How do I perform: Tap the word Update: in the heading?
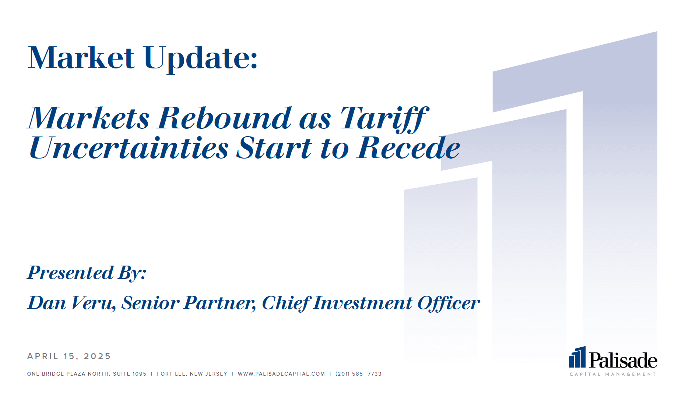(201, 59)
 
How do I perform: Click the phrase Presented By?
(87, 273)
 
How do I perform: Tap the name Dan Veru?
(72, 303)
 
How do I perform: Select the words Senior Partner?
(189, 303)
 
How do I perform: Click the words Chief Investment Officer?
(371, 303)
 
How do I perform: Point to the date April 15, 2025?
(69, 356)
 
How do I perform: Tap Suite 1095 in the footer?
(130, 374)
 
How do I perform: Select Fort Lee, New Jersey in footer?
(192, 374)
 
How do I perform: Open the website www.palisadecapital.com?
(281, 374)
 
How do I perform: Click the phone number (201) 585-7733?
(358, 374)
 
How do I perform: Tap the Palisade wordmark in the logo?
(623, 360)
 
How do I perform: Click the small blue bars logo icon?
(577, 357)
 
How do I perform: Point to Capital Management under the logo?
(613, 374)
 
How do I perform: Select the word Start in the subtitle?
(274, 148)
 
